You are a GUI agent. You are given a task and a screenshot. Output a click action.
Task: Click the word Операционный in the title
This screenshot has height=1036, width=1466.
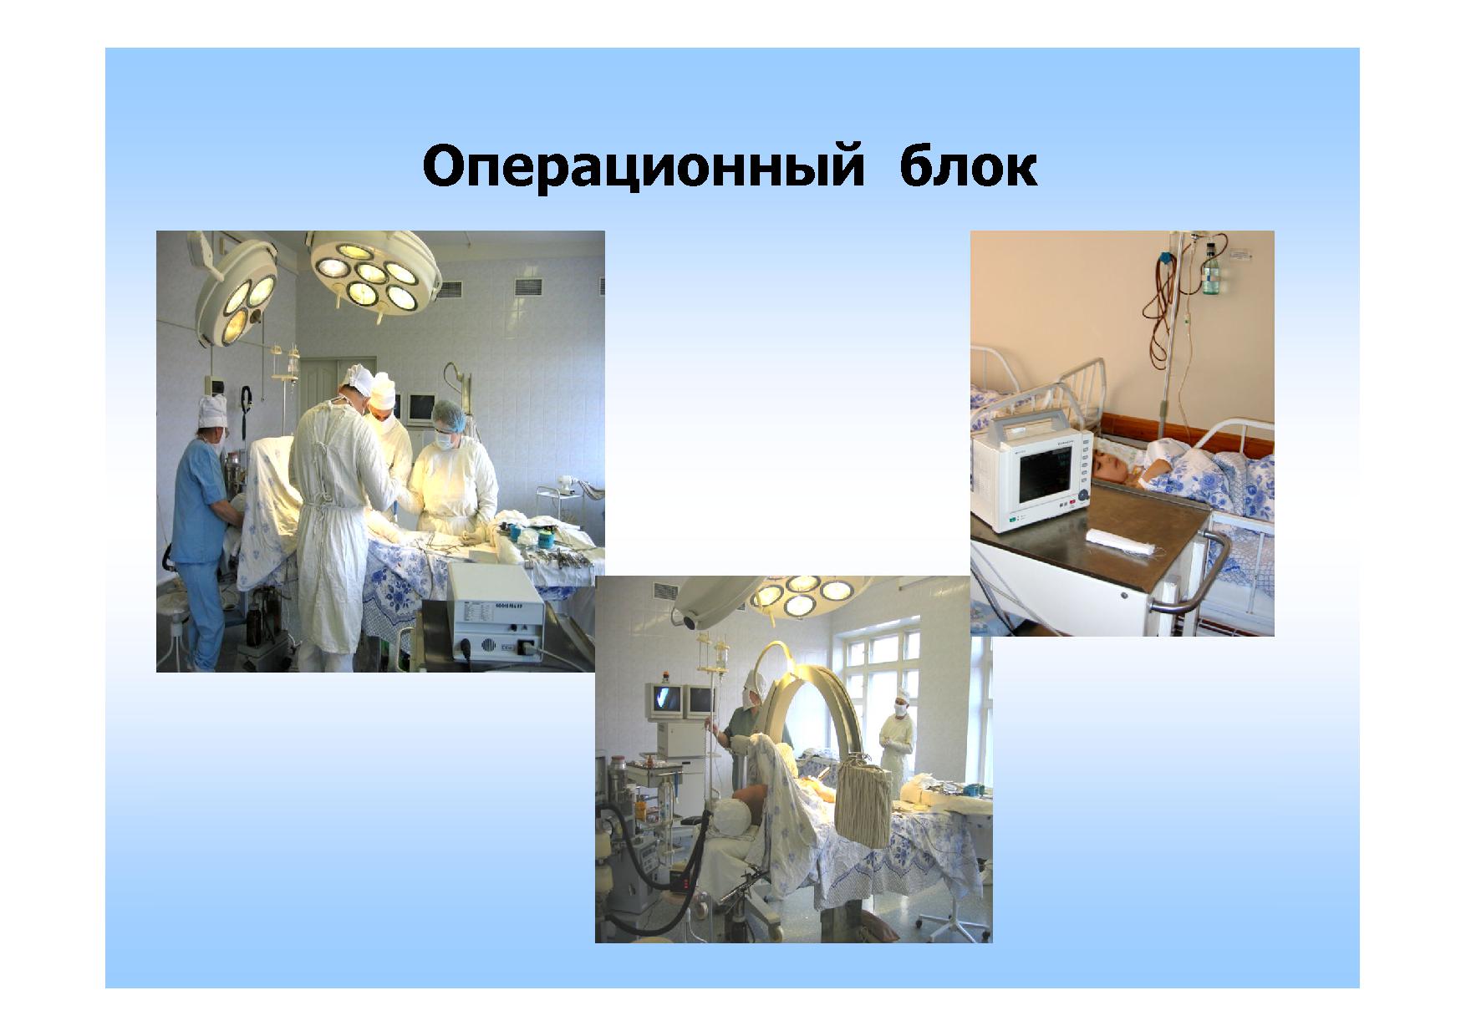[642, 167]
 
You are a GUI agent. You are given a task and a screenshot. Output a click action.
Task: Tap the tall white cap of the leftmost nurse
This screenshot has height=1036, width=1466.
[212, 409]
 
